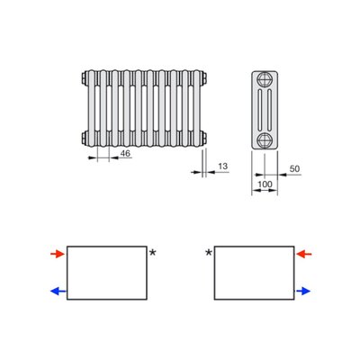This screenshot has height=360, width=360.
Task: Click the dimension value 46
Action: click(125, 153)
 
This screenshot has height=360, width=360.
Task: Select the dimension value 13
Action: click(223, 166)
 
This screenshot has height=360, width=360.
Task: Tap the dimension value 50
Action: click(294, 168)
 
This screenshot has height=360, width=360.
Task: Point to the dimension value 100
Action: click(265, 184)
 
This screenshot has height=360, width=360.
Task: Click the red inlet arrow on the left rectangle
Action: click(58, 255)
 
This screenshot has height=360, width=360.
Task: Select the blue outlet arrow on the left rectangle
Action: click(58, 291)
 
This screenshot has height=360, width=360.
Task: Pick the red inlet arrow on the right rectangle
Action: click(304, 255)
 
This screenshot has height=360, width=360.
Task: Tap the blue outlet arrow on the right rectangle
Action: click(302, 291)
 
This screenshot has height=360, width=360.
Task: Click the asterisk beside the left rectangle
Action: click(153, 253)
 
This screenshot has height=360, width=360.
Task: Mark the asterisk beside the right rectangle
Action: click(209, 253)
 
